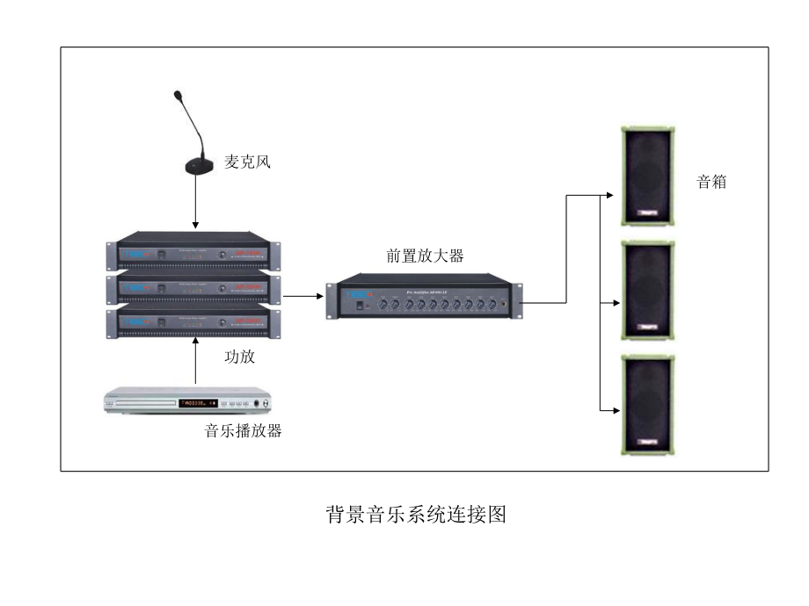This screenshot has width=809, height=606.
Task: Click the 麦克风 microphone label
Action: click(x=246, y=162)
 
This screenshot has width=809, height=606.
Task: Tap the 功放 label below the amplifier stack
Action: click(x=239, y=357)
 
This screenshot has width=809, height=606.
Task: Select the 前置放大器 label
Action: click(x=425, y=256)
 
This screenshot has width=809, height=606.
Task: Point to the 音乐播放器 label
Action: click(x=244, y=431)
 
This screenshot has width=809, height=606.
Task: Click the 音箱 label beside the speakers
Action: click(x=711, y=183)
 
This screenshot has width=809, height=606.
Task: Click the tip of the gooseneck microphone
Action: click(x=179, y=94)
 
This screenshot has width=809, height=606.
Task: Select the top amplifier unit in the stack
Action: click(x=193, y=254)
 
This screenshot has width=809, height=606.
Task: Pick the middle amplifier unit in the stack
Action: click(x=193, y=288)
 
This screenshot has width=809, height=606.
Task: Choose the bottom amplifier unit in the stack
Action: click(x=193, y=322)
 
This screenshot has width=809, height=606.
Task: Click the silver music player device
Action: click(x=187, y=402)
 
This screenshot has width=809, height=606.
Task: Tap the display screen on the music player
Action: click(x=193, y=403)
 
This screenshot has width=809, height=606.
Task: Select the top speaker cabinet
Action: click(x=649, y=176)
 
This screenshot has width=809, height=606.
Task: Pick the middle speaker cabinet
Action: click(x=649, y=290)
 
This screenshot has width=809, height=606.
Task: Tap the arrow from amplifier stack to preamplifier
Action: click(x=304, y=296)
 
